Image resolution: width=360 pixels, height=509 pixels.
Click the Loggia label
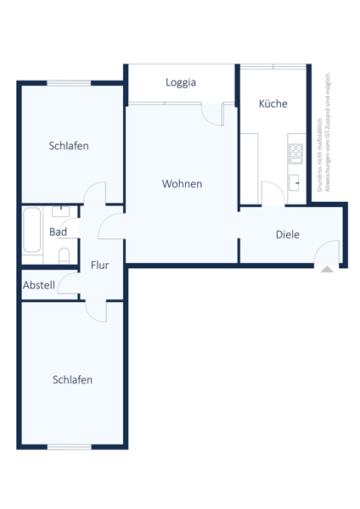(x=180, y=82)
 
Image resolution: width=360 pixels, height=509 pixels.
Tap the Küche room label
(x=273, y=103)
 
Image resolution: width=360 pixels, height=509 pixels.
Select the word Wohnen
(x=182, y=183)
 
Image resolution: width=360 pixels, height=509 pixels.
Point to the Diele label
(x=287, y=234)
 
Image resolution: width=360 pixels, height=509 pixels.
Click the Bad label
(x=58, y=232)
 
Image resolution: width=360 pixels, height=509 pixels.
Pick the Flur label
(x=99, y=265)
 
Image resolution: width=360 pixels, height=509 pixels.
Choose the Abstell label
(x=39, y=285)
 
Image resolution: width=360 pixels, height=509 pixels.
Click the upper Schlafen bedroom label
(x=69, y=146)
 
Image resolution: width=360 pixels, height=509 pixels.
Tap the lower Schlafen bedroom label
(x=72, y=379)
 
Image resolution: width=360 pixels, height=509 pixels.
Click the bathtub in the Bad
(x=31, y=230)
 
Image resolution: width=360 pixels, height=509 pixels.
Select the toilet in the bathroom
(x=64, y=255)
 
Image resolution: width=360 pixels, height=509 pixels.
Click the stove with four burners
(x=295, y=154)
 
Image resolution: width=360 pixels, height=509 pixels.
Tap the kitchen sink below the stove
(x=295, y=181)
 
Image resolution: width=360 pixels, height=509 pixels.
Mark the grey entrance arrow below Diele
(x=327, y=270)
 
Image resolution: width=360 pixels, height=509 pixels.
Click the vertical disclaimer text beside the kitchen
(x=323, y=132)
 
